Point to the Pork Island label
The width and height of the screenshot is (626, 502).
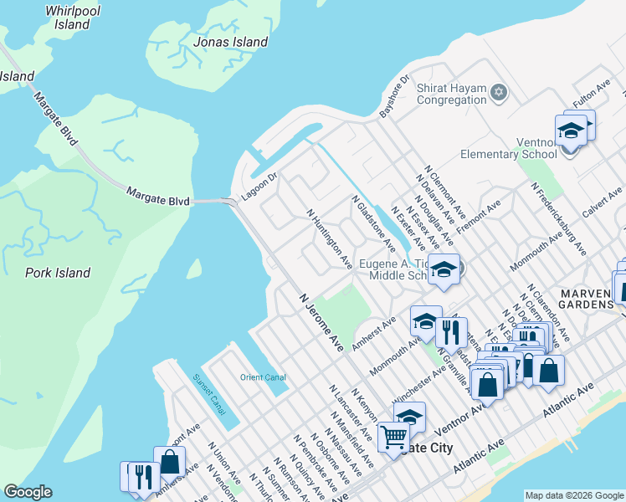58,273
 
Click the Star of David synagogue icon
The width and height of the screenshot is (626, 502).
499,92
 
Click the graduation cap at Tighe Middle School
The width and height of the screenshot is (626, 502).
444,269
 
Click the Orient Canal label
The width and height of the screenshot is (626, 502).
264,377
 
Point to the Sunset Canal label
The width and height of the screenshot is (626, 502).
209,393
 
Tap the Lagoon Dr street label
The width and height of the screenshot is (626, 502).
259,182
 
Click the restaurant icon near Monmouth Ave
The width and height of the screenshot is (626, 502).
451,332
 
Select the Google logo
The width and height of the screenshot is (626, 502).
28,492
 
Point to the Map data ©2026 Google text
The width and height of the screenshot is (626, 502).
573,495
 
